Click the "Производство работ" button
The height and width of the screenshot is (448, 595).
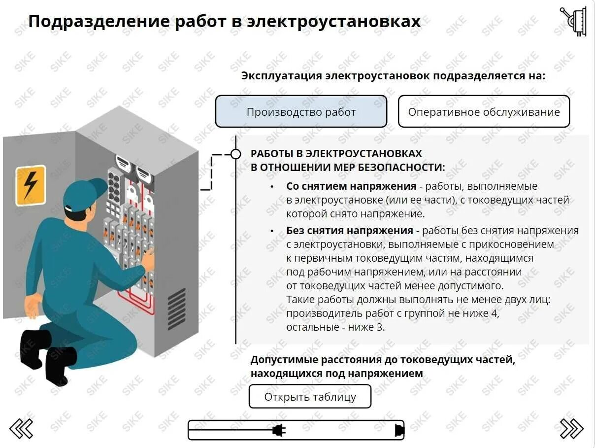point(301,112)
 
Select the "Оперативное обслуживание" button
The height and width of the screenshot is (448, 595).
point(484,112)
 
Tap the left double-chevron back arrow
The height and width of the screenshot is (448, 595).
point(22,428)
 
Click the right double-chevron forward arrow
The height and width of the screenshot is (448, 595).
point(572,428)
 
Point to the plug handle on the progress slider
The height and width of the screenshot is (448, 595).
point(279,430)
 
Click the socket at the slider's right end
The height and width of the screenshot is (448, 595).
point(399,430)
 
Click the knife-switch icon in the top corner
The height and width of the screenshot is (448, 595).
point(574,21)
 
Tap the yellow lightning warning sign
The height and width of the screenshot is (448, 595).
point(31,185)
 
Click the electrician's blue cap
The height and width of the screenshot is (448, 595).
point(84,193)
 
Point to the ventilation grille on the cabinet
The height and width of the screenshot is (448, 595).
point(176,309)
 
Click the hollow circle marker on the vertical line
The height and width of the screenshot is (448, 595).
point(236,154)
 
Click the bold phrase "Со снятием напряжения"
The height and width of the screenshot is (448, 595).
point(351,186)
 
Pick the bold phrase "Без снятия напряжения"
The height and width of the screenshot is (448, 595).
point(349,231)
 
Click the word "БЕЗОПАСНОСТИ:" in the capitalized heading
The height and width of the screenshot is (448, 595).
point(407,168)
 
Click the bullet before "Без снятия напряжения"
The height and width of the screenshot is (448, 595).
point(272,231)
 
